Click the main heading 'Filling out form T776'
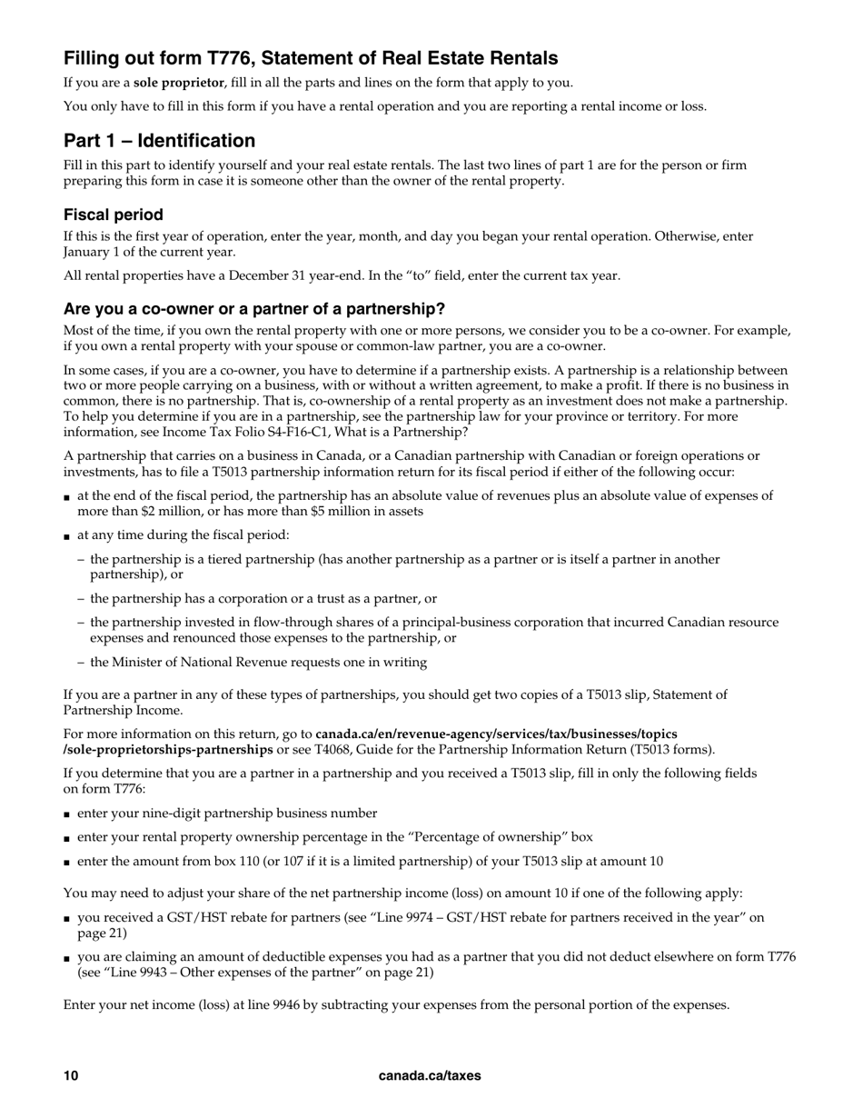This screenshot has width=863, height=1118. [311, 59]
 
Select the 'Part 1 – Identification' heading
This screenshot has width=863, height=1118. [159, 141]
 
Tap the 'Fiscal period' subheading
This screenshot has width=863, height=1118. [114, 215]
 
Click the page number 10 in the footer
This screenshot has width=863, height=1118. [71, 1076]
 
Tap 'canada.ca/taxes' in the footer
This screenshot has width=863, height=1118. [430, 1076]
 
